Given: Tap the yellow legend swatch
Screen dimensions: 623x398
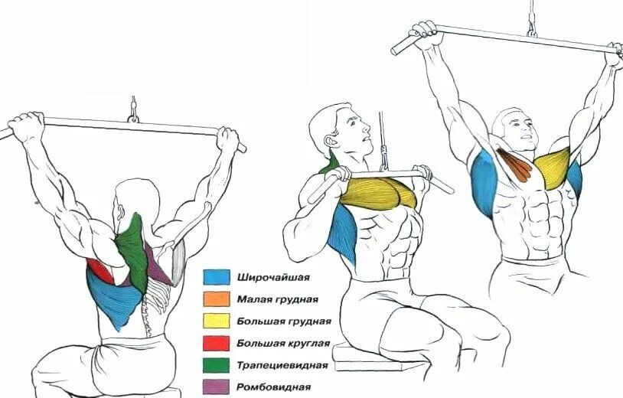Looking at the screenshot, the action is coord(217,321).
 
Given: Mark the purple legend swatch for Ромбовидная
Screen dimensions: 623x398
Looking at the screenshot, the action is coord(217,387).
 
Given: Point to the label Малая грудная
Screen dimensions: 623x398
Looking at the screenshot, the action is coord(275,299).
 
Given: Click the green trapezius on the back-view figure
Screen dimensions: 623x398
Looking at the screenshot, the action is coord(135,245).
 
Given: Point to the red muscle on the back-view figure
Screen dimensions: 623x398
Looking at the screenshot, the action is coord(97,269).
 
